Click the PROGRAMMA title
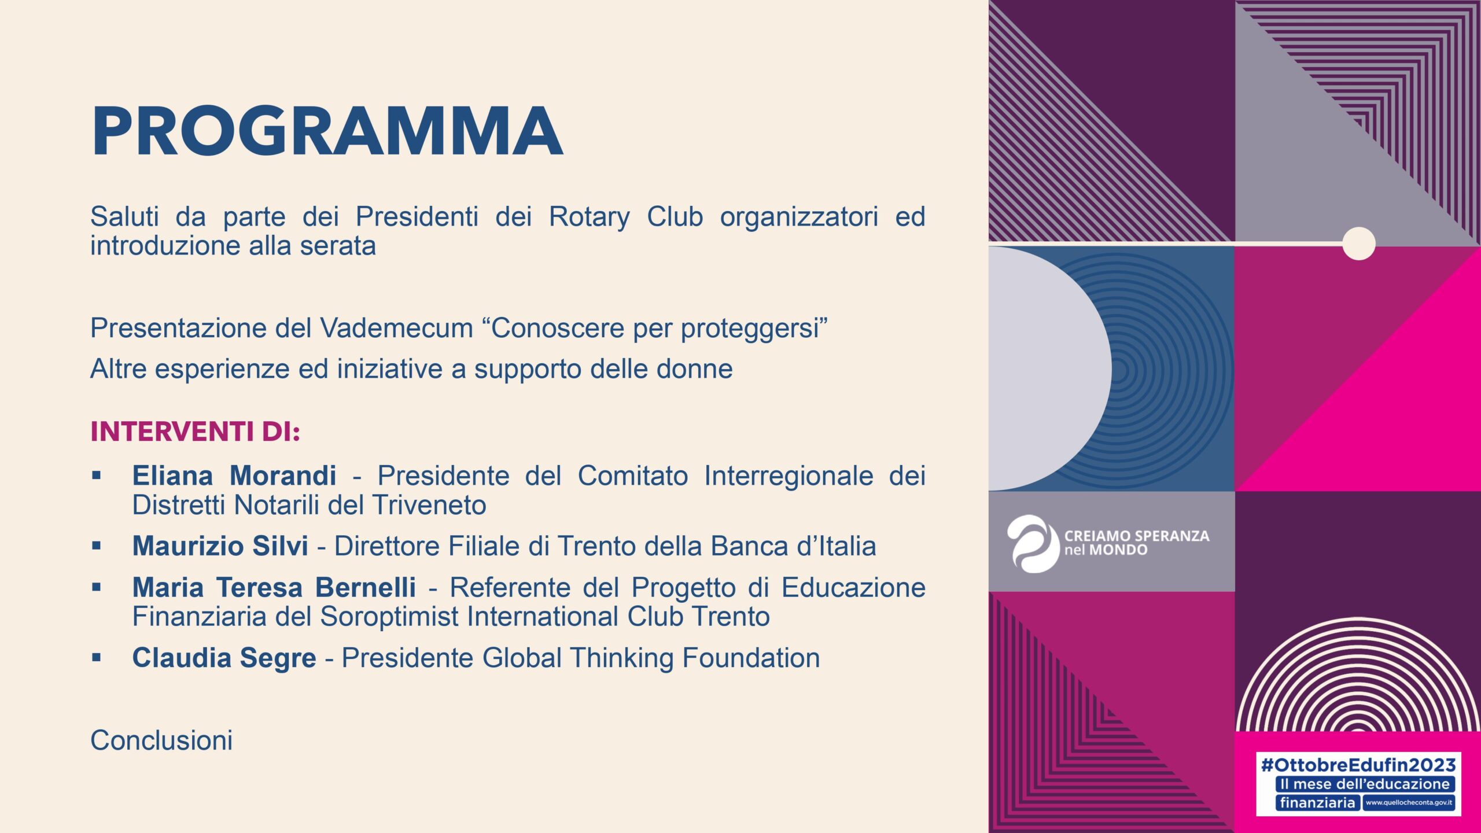[x=327, y=131]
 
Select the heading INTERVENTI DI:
[x=196, y=432]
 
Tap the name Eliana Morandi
[x=234, y=476]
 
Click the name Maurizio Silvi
[x=220, y=546]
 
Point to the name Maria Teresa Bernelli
[x=274, y=587]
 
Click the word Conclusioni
[x=161, y=740]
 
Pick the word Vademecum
[x=397, y=329]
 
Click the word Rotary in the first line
[x=589, y=218]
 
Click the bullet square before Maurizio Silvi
[x=96, y=545]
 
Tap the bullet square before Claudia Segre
[x=96, y=657]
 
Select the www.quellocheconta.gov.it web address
[x=1409, y=802]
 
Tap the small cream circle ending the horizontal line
[x=1358, y=244]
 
